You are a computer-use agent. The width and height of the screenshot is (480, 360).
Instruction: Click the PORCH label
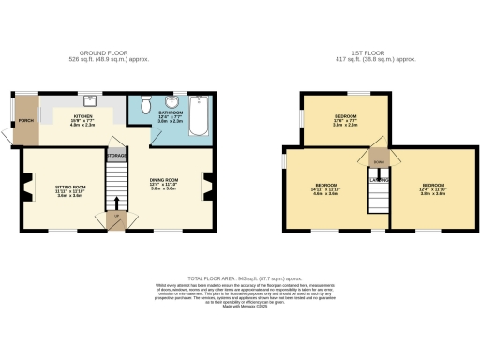(x=26, y=119)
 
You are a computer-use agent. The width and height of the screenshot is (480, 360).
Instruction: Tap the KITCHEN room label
(x=82, y=118)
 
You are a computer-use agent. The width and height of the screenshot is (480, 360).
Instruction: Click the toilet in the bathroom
(x=144, y=104)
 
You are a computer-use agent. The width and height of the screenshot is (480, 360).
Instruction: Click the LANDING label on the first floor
(x=379, y=179)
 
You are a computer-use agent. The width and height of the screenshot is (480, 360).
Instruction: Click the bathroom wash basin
(x=167, y=99)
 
